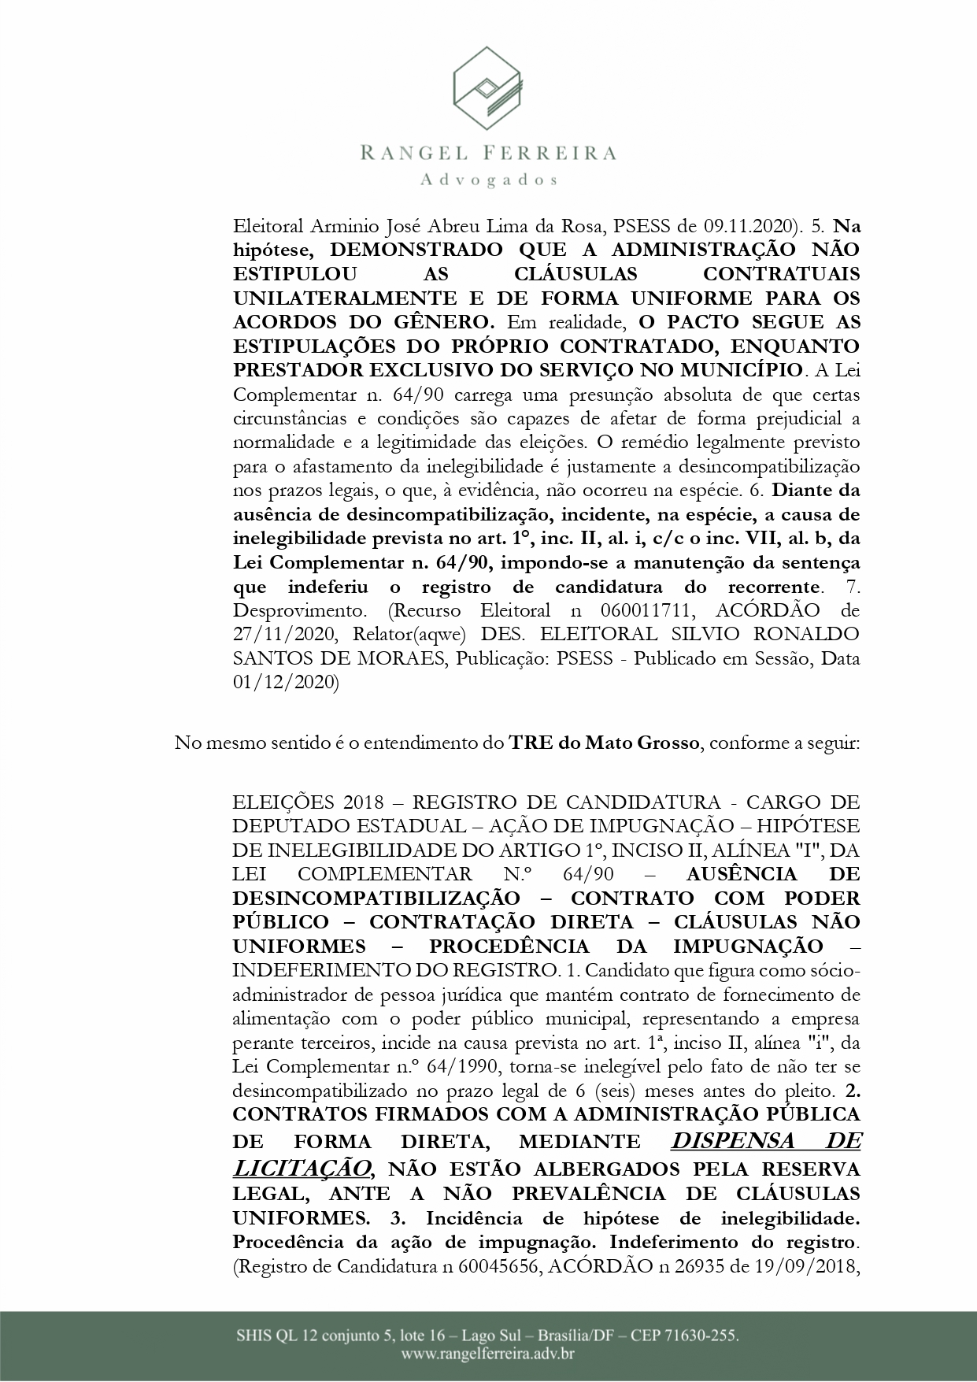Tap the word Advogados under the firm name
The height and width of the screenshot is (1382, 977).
489,180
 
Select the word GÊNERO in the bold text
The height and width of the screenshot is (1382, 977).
446,322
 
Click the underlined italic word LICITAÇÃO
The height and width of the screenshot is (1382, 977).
300,1167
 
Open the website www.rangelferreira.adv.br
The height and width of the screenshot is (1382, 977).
487,1355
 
